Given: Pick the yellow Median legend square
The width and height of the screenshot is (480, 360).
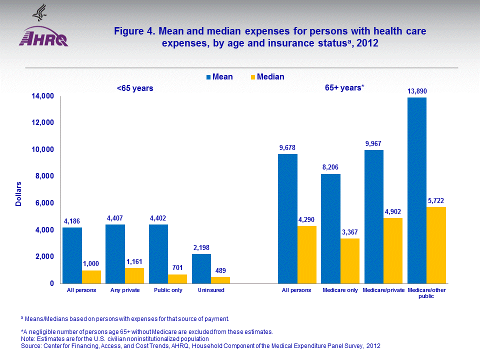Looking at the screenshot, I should [x=252, y=77].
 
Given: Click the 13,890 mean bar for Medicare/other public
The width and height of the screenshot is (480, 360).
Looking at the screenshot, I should [x=417, y=190].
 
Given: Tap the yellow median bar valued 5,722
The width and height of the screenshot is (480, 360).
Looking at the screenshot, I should [x=436, y=245].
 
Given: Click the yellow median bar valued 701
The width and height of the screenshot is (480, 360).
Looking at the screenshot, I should [x=177, y=278].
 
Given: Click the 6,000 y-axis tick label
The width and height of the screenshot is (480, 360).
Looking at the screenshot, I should [x=42, y=203].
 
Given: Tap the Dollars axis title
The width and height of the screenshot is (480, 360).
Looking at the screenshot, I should [x=18, y=194].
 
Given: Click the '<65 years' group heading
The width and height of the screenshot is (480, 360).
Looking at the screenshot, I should [x=135, y=88].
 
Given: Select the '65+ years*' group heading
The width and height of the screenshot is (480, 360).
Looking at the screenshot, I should [x=344, y=88].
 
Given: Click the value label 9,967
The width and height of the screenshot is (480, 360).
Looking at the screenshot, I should [x=374, y=143].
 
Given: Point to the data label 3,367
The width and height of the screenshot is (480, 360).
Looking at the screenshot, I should [x=350, y=232].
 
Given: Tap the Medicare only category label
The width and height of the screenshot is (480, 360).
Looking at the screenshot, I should [x=340, y=290].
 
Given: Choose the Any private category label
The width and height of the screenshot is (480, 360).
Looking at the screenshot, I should [x=125, y=290].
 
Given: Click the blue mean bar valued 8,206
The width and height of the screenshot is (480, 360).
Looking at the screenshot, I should [x=330, y=228].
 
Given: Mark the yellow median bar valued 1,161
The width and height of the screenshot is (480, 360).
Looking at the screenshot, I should [x=134, y=275].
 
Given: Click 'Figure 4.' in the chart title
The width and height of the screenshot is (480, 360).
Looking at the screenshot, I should [x=134, y=31].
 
